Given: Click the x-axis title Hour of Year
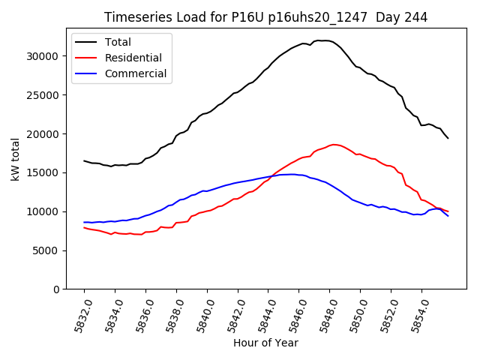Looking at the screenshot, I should pos(265,343).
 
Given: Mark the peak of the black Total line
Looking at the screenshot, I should pos(321,40).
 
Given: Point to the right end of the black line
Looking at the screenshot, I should pos(448,138).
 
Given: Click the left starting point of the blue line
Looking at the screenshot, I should pos(84,222).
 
